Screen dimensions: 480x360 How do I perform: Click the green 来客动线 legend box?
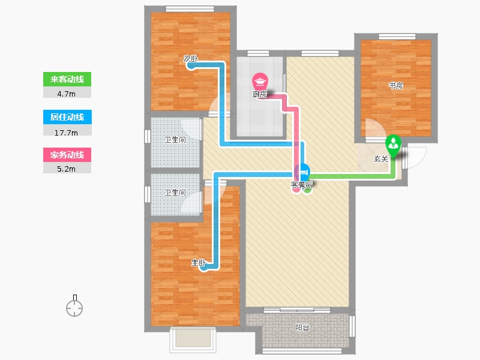click(67, 79)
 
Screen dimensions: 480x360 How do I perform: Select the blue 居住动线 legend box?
click(67, 117)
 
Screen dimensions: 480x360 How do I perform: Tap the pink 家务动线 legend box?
click(67, 155)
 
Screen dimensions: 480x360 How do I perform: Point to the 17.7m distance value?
click(66, 133)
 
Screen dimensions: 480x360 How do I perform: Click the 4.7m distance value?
click(66, 94)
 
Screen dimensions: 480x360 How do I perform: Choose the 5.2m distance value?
click(66, 169)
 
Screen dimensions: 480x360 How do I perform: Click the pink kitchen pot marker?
click(260, 82)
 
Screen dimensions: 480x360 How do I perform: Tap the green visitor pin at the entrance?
click(393, 146)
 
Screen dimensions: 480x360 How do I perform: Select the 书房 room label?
click(396, 85)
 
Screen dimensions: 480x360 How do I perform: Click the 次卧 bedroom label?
click(190, 58)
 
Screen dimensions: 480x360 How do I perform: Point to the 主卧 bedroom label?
click(199, 263)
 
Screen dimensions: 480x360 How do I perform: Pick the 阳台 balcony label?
click(302, 328)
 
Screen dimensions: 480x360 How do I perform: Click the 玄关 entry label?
click(381, 159)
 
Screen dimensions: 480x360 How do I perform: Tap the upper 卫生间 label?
click(175, 140)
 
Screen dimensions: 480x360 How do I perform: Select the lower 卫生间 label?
click(175, 192)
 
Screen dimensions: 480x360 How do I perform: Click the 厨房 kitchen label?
click(260, 94)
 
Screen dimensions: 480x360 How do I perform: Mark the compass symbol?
click(74, 306)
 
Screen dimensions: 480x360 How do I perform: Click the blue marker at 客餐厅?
click(302, 172)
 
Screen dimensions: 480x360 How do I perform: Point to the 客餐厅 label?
click(302, 185)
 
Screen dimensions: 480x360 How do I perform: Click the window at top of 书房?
click(397, 37)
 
